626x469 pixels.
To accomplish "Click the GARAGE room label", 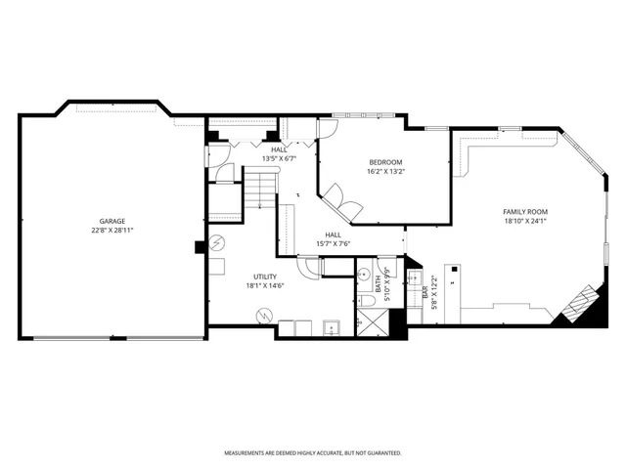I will pos(112,221).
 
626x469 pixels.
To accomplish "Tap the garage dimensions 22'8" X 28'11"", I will pos(112,230).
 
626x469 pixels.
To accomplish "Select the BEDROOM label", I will pos(385,162).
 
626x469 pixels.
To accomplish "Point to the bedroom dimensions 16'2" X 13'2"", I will pos(385,171).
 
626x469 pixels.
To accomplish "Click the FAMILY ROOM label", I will pos(525,212).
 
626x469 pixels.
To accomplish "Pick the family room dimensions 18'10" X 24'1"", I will pos(525,221).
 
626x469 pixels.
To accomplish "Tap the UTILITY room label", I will pos(265,277).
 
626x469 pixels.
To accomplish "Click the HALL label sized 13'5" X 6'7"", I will pos(279,149).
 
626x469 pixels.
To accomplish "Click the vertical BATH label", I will pos(378,282).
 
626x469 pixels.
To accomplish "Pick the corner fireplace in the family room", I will pos(578,303).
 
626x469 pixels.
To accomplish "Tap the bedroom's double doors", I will pos(343,202).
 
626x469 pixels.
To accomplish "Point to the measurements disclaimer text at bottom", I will pos(312,453).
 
